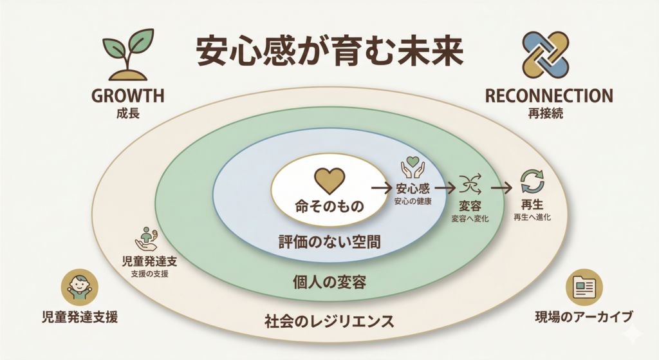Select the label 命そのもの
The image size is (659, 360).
(329, 207)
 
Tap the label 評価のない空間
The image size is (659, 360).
(329, 242)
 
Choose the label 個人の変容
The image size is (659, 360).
(329, 281)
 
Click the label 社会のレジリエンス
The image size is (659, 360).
(329, 320)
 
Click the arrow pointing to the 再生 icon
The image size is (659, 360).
(501, 188)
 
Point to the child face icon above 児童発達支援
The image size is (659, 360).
(79, 287)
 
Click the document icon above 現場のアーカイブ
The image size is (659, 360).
(584, 288)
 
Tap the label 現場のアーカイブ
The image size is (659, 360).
(584, 317)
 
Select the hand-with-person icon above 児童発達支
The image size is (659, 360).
(146, 238)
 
